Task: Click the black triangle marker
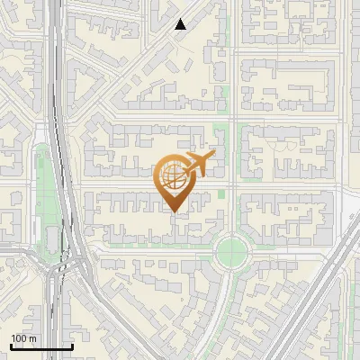click(x=181, y=24)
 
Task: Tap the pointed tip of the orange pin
click(x=175, y=211)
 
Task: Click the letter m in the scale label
click(x=33, y=338)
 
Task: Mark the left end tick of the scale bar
click(x=11, y=346)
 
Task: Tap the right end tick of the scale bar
click(x=72, y=346)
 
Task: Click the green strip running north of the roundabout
click(x=227, y=180)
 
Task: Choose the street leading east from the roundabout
click(x=288, y=255)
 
